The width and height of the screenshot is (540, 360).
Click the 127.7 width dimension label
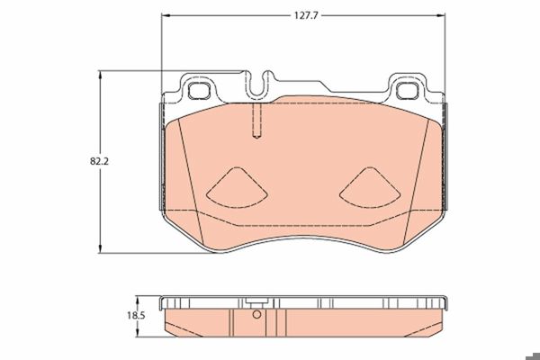(x=305, y=15)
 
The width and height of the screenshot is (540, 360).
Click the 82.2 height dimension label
(x=99, y=161)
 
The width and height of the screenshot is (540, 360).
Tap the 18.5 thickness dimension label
(x=136, y=315)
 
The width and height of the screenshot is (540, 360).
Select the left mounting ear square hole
(x=200, y=91)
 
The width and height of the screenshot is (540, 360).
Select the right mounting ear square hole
(x=408, y=91)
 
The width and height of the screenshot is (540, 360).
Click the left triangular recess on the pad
(x=237, y=188)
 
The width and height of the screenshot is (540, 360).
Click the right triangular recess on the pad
(x=370, y=188)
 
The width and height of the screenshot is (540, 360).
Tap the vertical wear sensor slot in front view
(x=256, y=121)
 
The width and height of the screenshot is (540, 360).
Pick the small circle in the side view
(x=256, y=314)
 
